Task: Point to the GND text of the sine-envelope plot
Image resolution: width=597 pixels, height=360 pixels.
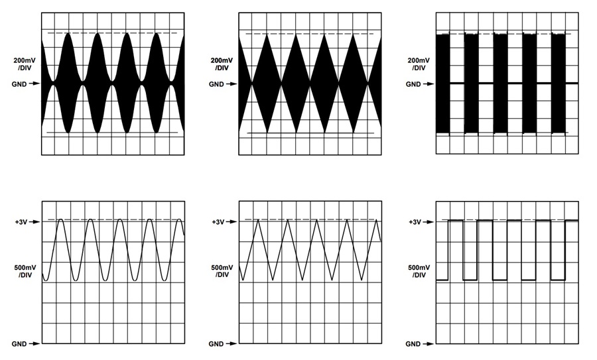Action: pyautogui.click(x=19, y=84)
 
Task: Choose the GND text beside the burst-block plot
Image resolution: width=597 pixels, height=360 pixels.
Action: pyautogui.click(x=413, y=84)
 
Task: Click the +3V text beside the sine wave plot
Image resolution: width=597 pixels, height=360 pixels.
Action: pyautogui.click(x=21, y=222)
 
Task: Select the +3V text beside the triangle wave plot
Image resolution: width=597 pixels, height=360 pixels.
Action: pyautogui.click(x=218, y=222)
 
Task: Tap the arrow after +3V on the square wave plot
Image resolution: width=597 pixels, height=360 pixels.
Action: pyautogui.click(x=429, y=222)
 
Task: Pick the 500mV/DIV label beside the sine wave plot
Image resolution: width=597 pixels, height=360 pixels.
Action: pyautogui.click(x=24, y=271)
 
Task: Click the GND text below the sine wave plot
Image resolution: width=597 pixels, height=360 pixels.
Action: pyautogui.click(x=19, y=344)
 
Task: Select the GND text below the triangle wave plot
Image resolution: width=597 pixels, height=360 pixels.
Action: pyautogui.click(x=216, y=344)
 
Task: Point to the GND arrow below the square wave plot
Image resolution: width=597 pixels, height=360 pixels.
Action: pyautogui.click(x=429, y=344)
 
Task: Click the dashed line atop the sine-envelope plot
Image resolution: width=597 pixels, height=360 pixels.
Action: pyautogui.click(x=112, y=34)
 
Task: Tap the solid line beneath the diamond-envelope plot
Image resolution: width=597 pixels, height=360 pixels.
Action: pyautogui.click(x=310, y=133)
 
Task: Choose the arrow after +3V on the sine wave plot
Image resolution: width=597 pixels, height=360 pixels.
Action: pyautogui.click(x=34, y=222)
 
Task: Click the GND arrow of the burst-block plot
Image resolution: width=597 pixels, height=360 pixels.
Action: pyautogui.click(x=429, y=84)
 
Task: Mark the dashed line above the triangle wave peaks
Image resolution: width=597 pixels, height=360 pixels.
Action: pyautogui.click(x=310, y=219)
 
